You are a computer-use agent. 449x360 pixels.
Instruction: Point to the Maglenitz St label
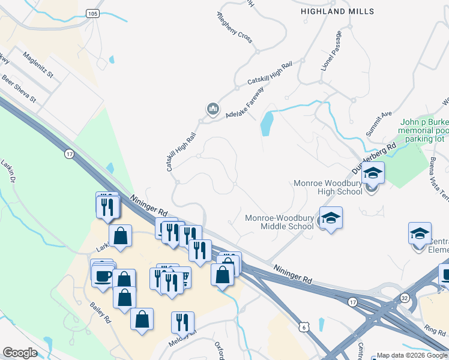(38, 66)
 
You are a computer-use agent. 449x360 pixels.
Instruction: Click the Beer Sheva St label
(19, 88)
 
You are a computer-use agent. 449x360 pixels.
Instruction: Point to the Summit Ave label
(379, 121)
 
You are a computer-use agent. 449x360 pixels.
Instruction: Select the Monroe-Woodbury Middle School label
(279, 222)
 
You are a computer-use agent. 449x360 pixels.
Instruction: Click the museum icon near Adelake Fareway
(212, 109)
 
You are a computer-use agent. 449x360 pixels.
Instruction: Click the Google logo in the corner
(20, 353)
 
